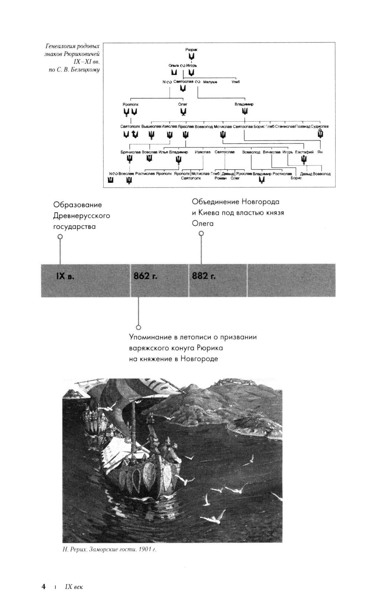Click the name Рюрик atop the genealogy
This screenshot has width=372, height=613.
(191, 49)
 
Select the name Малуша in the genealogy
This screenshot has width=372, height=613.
(210, 82)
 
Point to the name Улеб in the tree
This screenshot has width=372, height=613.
(235, 82)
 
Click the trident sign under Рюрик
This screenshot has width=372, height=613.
(191, 56)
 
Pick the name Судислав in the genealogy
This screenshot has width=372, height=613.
(320, 126)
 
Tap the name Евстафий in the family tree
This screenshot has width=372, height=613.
(304, 152)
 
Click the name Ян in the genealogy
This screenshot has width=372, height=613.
(320, 152)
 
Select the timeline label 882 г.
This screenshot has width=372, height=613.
(204, 276)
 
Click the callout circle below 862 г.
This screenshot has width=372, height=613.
(138, 327)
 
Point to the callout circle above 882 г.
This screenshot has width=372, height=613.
(201, 234)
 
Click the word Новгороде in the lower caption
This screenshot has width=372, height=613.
(199, 359)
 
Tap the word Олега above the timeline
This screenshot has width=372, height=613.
(203, 224)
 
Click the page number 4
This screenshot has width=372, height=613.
(44, 587)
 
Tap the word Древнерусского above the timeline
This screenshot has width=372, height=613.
(81, 216)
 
